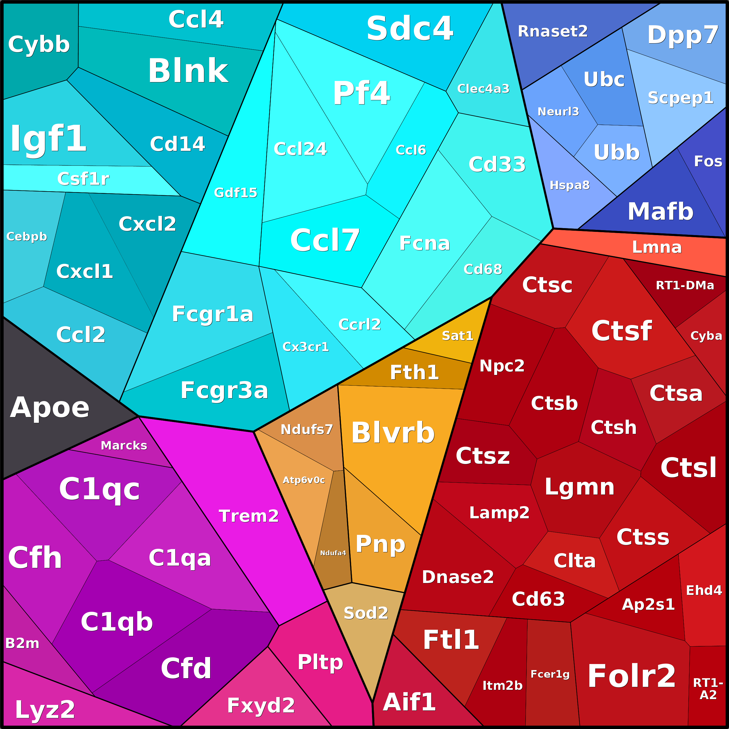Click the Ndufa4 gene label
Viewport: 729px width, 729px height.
click(333, 553)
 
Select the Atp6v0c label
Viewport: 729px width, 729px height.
click(304, 480)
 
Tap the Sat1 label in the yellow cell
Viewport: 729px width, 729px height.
click(457, 335)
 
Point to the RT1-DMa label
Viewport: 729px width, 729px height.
click(685, 285)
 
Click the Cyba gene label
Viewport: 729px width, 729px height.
click(706, 335)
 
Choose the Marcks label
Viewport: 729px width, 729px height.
click(124, 446)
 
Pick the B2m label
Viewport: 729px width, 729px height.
click(22, 643)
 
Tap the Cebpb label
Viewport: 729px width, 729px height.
click(26, 236)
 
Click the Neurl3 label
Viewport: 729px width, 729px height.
click(558, 111)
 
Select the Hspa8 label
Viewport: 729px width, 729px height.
click(569, 185)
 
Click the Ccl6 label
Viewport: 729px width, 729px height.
click(411, 150)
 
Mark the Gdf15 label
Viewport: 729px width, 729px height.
click(235, 192)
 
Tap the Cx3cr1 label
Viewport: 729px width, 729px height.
click(306, 347)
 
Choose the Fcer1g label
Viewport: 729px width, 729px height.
click(550, 674)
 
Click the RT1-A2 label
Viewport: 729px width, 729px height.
click(708, 689)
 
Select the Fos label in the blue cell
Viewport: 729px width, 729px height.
click(708, 161)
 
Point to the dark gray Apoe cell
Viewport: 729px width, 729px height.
click(49, 407)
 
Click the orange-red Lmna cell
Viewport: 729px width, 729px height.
click(656, 247)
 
